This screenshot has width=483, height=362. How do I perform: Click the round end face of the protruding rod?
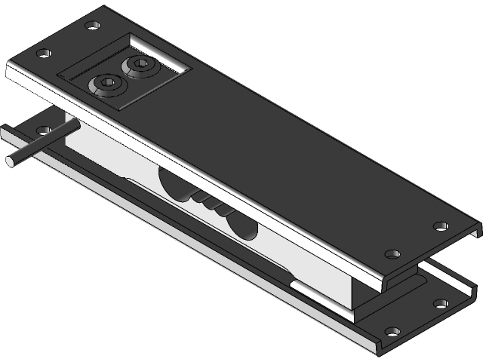[11, 160]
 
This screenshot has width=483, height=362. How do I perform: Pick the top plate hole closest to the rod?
[44, 54]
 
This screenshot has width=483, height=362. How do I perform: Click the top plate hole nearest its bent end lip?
[440, 225]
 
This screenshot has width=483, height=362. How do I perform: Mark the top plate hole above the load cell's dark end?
[392, 254]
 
